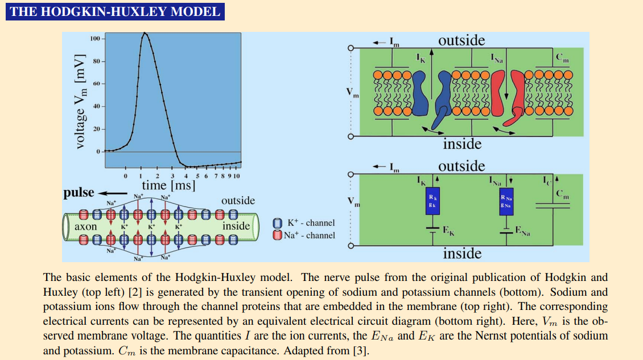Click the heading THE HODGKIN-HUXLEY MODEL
[115, 11]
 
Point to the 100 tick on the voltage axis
[94, 38]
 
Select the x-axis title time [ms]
[168, 185]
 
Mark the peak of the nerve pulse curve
[145, 33]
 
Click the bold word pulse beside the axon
[79, 192]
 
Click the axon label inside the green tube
[86, 226]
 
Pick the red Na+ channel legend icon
[277, 235]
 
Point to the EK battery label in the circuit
[448, 231]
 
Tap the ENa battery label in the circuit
[522, 231]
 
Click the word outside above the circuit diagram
[461, 166]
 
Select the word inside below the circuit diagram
[462, 254]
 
